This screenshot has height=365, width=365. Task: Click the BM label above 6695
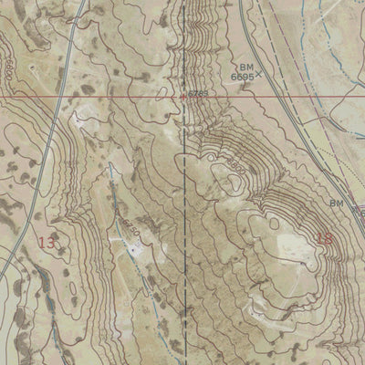coord(245,67)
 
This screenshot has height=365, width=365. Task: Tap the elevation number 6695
coord(241,77)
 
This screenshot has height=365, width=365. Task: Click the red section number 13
coord(47,242)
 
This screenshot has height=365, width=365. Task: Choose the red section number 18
coord(324,239)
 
